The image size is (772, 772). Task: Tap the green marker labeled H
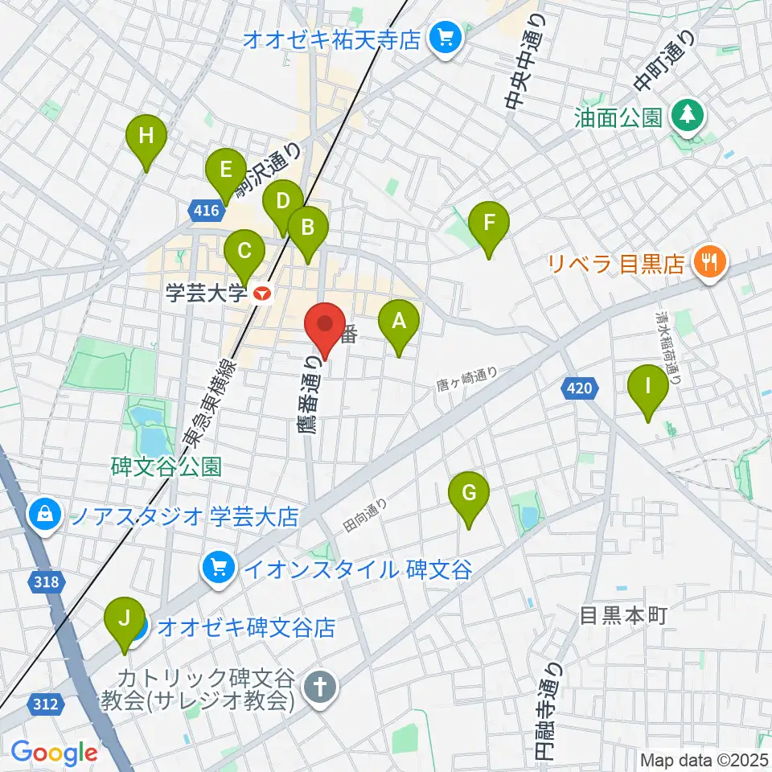pos(146,137)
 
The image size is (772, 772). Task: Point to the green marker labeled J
pos(125,619)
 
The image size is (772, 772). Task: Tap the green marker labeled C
pos(244,252)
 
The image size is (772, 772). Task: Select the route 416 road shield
pos(206,211)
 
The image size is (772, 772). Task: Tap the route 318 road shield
pos(47,581)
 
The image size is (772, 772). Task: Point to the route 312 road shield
pos(47,704)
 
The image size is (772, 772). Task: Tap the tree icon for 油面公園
pos(688,117)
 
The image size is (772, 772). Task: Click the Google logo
pos(54,752)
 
